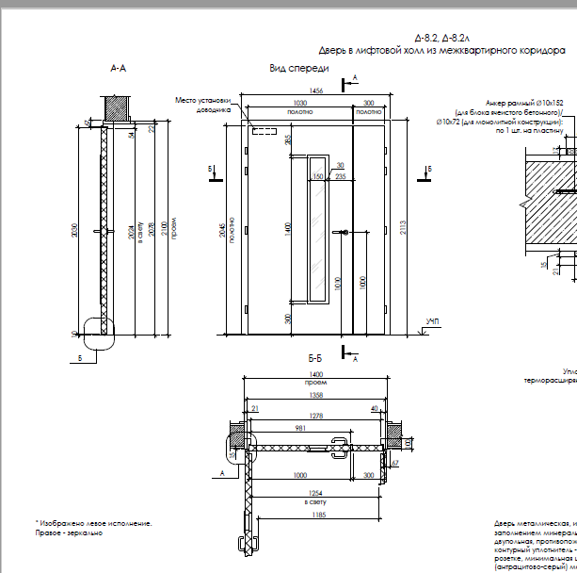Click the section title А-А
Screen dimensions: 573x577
(119, 69)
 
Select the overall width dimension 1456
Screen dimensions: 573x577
(315, 91)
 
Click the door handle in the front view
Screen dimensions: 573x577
(347, 234)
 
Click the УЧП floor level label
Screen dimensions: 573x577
(432, 322)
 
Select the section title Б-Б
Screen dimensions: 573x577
(315, 360)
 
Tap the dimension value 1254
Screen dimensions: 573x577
(313, 494)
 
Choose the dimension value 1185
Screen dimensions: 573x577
(314, 516)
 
